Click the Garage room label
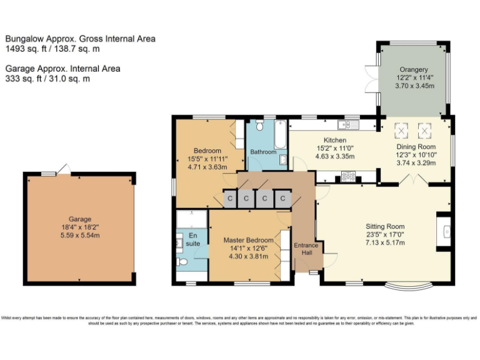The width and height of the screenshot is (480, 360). point(80,219)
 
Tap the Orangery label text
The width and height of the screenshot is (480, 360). point(414,69)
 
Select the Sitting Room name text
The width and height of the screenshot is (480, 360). point(385,226)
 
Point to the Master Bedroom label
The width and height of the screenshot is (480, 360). point(248,240)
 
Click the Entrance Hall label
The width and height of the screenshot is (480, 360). point(306,249)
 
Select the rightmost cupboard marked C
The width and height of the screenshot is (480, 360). point(283,199)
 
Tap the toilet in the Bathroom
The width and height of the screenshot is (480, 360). point(282,160)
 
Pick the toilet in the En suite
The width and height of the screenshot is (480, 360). point(181,262)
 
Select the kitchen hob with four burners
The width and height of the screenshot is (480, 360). point(347,177)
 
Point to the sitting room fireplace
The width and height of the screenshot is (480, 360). point(446,232)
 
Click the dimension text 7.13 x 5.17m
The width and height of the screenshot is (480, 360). point(385,242)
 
